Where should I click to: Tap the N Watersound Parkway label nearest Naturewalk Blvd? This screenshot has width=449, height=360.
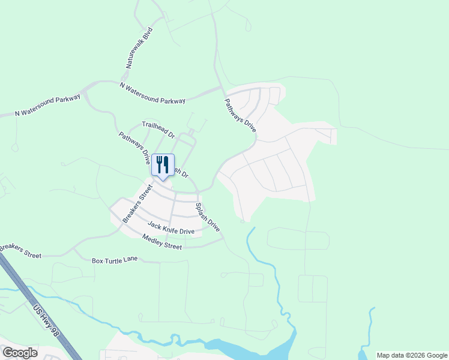click(x=152, y=93)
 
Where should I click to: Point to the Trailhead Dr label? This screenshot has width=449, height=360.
click(x=158, y=130)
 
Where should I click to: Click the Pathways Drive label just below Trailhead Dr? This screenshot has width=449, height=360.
click(x=134, y=148)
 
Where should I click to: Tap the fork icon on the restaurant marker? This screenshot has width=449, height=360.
click(x=160, y=164)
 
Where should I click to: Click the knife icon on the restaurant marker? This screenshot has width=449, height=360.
click(x=167, y=164)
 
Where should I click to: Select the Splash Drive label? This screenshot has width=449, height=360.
click(x=208, y=217)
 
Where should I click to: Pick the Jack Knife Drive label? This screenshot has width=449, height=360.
click(x=171, y=228)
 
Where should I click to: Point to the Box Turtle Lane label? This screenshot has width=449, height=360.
click(x=115, y=260)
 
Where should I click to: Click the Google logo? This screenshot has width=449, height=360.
click(x=20, y=352)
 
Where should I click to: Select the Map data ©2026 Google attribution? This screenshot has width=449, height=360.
click(x=412, y=355)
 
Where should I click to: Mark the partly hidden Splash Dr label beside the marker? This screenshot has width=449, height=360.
click(x=181, y=172)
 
